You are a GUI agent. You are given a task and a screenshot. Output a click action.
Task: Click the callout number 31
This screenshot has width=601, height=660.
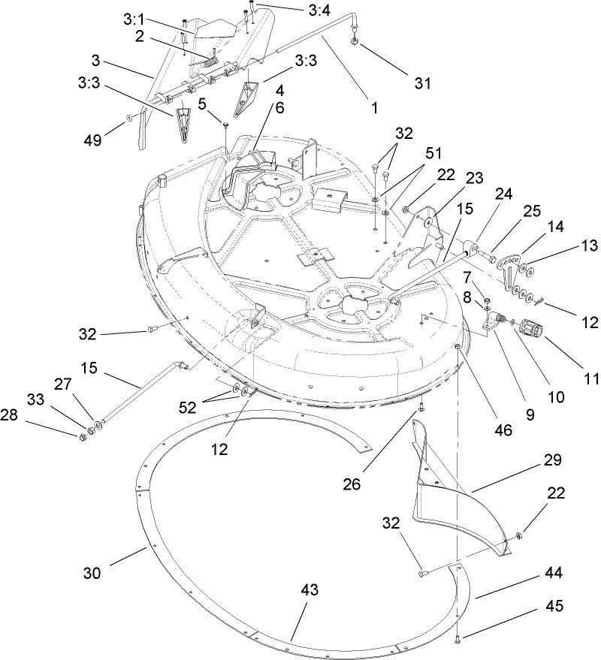[x=423, y=83]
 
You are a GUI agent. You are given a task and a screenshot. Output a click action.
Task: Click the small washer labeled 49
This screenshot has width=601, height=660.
[x=130, y=118]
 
